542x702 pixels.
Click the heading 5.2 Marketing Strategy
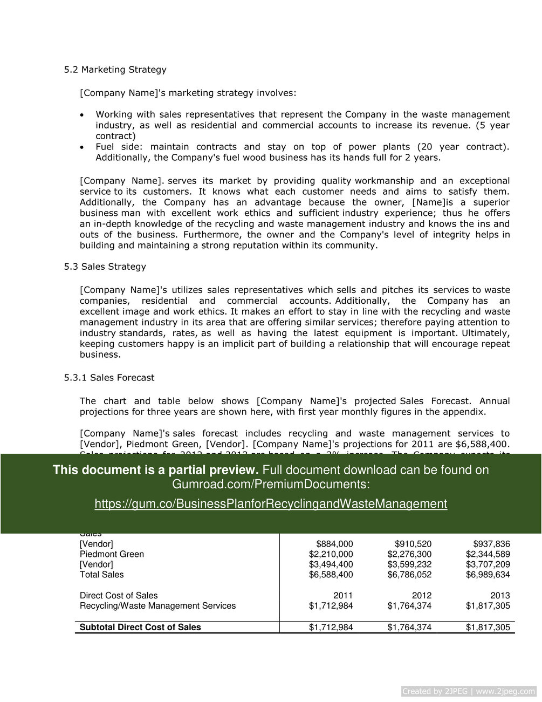[115, 70]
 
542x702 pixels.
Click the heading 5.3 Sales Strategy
[105, 267]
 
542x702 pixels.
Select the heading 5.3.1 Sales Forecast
[109, 378]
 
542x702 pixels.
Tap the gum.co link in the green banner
[271, 504]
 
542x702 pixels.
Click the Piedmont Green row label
[112, 554]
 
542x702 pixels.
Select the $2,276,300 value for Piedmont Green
[409, 554]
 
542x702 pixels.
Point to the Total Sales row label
[101, 575]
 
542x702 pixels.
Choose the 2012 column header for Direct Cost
[421, 596]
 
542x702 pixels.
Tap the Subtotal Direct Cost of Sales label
[140, 627]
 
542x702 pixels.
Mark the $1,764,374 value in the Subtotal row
[409, 627]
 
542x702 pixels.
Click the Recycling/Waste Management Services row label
[157, 606]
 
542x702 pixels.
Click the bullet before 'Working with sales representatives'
[82, 115]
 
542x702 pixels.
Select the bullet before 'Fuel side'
[82, 147]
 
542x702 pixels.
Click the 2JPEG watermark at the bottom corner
[469, 691]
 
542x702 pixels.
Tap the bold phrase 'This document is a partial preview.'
[155, 470]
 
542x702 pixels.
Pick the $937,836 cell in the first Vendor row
[491, 544]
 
